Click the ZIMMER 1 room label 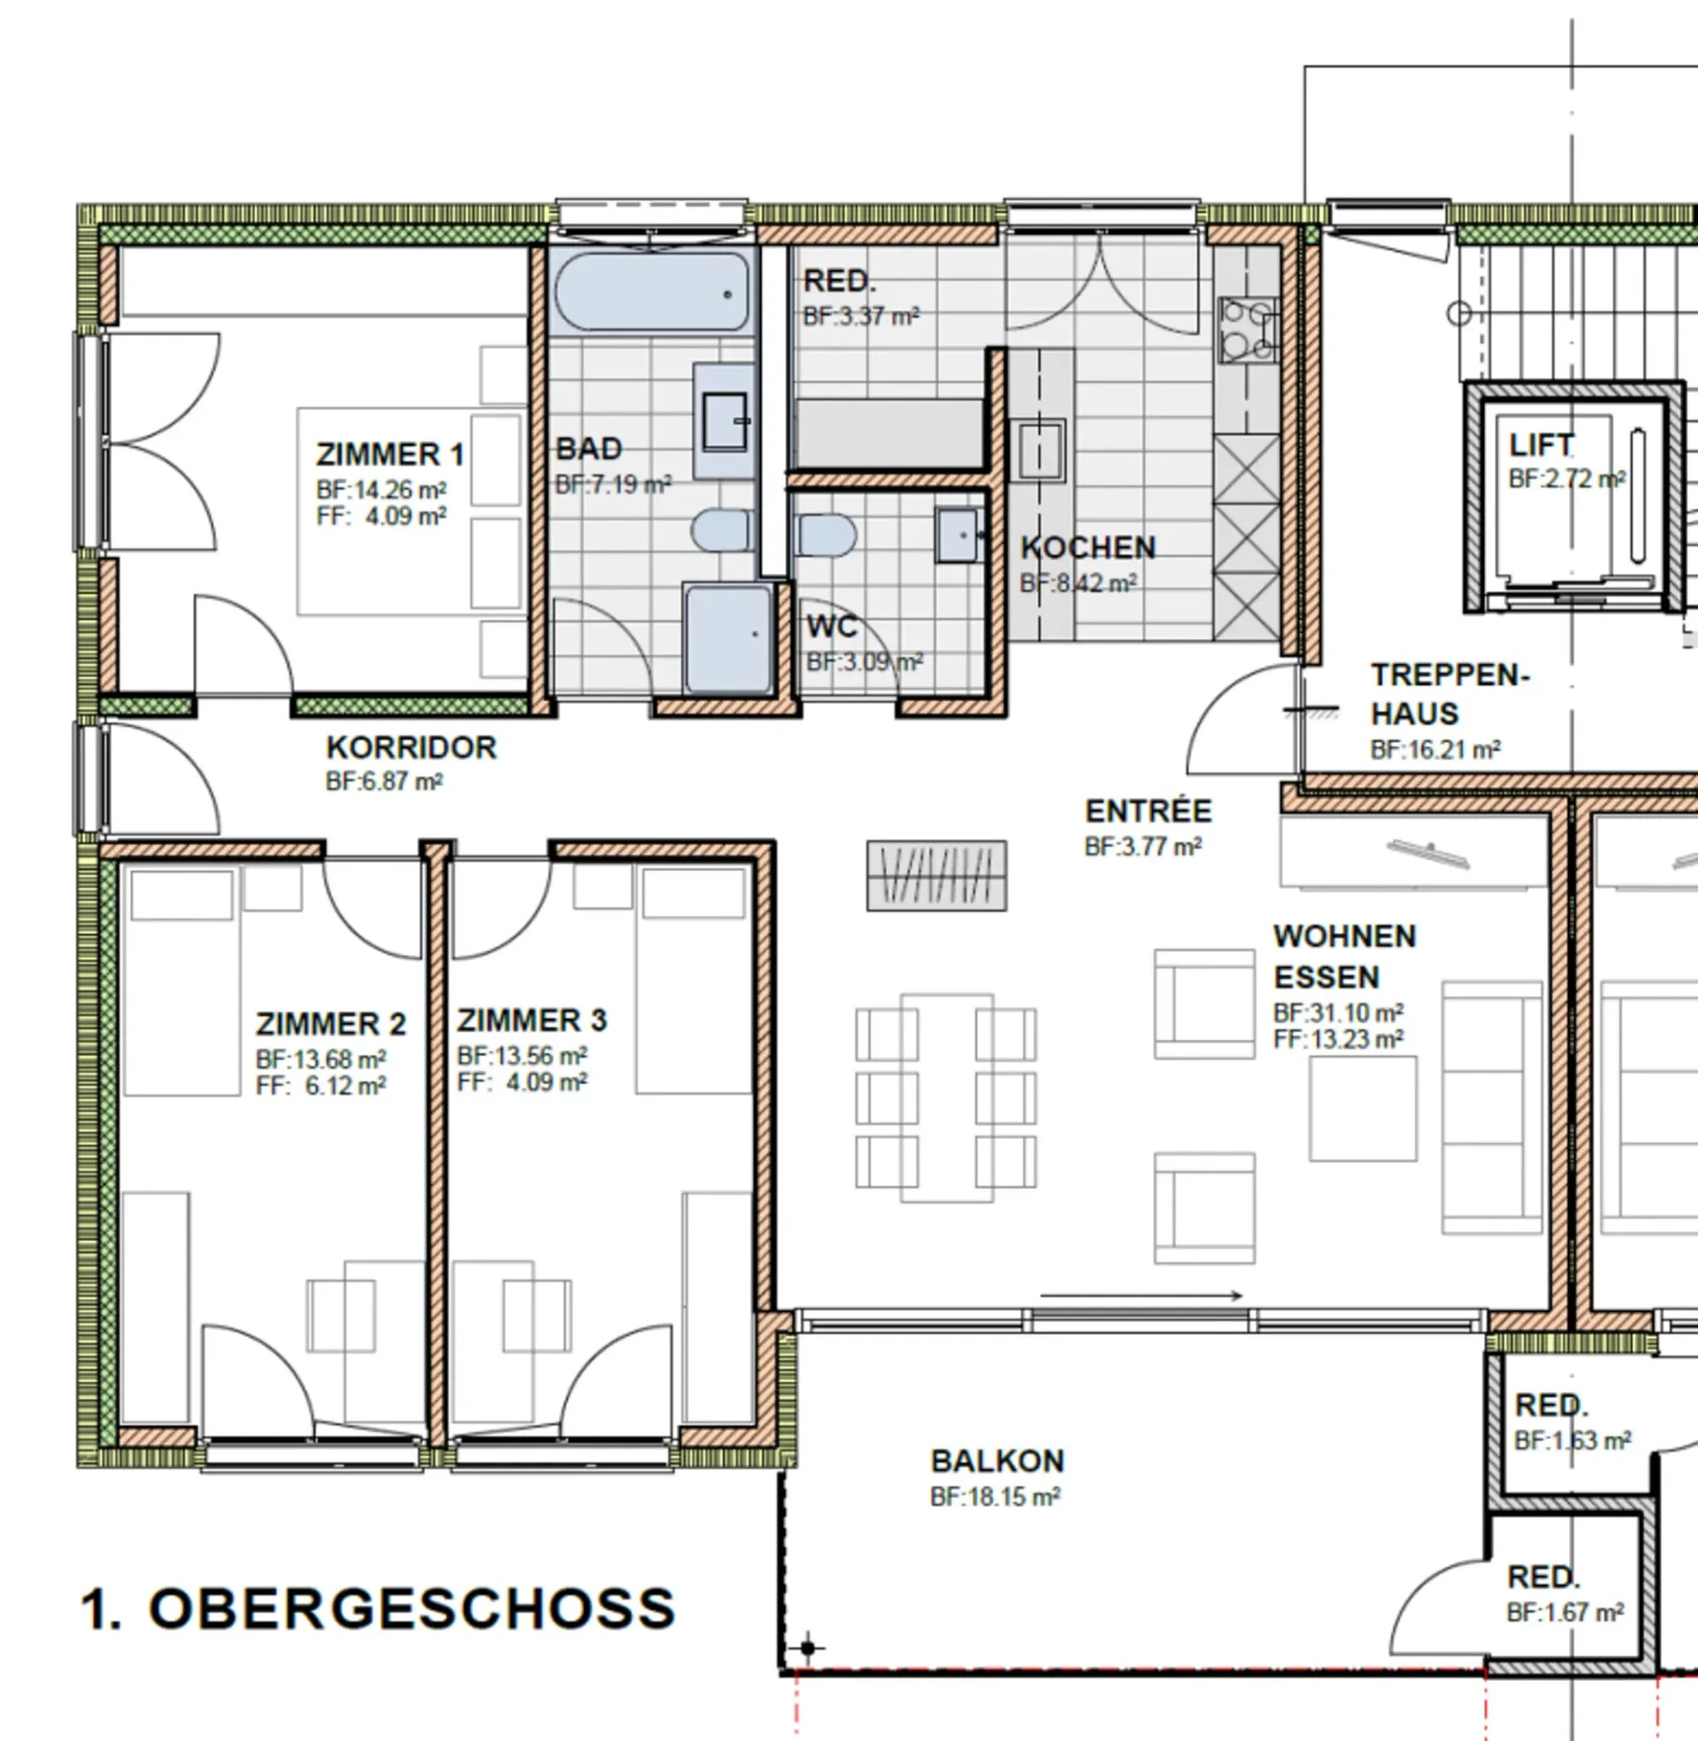[x=390, y=454]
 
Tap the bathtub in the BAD [x=652, y=293]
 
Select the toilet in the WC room [x=827, y=535]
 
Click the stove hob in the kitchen [x=1247, y=331]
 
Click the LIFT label [x=1541, y=444]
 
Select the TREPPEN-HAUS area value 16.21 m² [x=1435, y=750]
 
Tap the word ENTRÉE [x=1149, y=811]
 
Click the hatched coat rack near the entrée [x=937, y=875]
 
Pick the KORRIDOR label [x=411, y=747]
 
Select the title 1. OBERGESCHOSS [x=379, y=1609]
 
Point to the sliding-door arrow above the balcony [x=1142, y=1295]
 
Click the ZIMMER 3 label [x=532, y=1019]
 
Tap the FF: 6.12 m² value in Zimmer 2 [x=320, y=1086]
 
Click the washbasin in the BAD [x=725, y=421]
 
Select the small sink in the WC [x=958, y=535]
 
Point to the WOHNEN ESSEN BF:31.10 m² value [x=1338, y=1012]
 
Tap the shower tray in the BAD [x=729, y=638]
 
